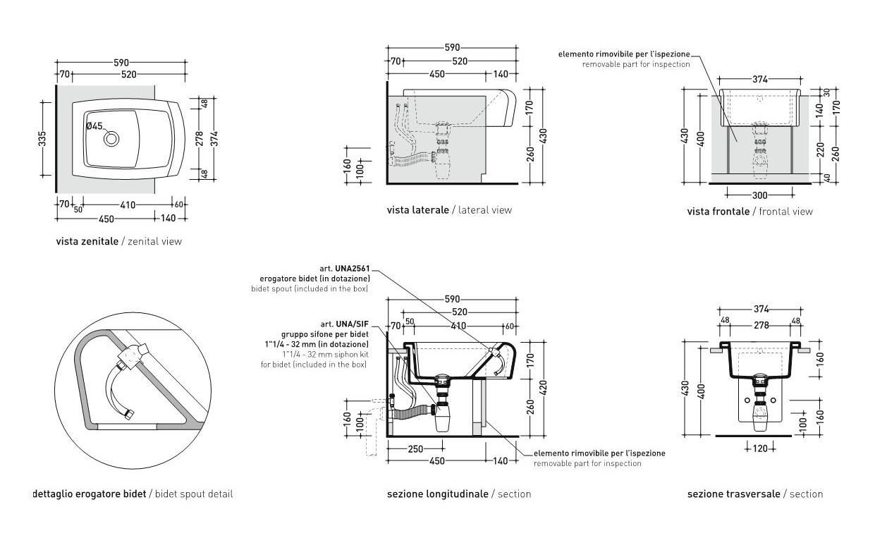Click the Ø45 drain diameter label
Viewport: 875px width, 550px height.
point(94,126)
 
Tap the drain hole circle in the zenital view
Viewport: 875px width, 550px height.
point(111,139)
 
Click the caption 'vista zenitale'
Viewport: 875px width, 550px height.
point(87,241)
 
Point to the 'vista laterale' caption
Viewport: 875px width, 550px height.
point(417,210)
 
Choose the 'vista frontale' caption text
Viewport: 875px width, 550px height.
point(718,212)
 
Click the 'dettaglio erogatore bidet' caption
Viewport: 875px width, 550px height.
point(90,494)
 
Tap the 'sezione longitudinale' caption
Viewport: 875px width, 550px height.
point(437,494)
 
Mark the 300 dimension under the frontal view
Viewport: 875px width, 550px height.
point(759,195)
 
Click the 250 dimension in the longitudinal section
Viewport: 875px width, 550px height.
point(415,449)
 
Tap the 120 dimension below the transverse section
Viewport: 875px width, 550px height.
point(759,448)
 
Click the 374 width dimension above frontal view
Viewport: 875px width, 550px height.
point(759,80)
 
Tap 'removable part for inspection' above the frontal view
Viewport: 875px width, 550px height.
point(636,64)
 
